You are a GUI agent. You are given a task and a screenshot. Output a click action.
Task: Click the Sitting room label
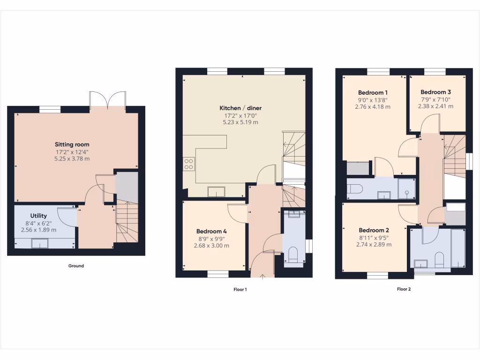pyautogui.click(x=72, y=144)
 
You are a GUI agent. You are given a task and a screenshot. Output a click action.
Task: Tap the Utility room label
pyautogui.click(x=38, y=216)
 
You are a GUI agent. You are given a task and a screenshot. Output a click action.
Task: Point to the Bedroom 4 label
pyautogui.click(x=211, y=231)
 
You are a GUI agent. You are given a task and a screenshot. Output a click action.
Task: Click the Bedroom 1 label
pyautogui.click(x=373, y=92)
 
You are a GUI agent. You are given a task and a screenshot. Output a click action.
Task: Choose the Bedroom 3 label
pyautogui.click(x=435, y=92)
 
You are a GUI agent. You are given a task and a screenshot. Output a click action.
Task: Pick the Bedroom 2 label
pyautogui.click(x=374, y=230)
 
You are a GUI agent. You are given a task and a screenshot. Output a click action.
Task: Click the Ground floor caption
pyautogui.click(x=76, y=266)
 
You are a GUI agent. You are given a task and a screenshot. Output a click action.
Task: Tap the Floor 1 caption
pyautogui.click(x=240, y=290)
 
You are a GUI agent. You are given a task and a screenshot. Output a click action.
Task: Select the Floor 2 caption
pyautogui.click(x=404, y=289)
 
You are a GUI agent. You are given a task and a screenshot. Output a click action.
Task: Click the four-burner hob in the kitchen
pyautogui.click(x=189, y=164)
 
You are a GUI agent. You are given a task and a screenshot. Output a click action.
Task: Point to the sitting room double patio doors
pyautogui.click(x=108, y=100)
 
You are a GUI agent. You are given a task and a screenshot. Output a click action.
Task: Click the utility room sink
pyautogui.click(x=40, y=243)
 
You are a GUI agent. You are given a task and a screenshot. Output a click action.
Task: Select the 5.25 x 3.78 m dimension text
pyautogui.click(x=72, y=159)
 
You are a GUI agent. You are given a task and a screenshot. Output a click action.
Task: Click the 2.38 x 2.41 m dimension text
pyautogui.click(x=435, y=106)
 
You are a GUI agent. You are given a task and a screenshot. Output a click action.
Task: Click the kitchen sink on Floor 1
pyautogui.click(x=217, y=191)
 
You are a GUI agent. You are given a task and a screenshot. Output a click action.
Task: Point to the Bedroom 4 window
pyautogui.click(x=218, y=274)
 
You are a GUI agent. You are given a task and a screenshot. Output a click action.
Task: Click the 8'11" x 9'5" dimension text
pyautogui.click(x=374, y=238)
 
